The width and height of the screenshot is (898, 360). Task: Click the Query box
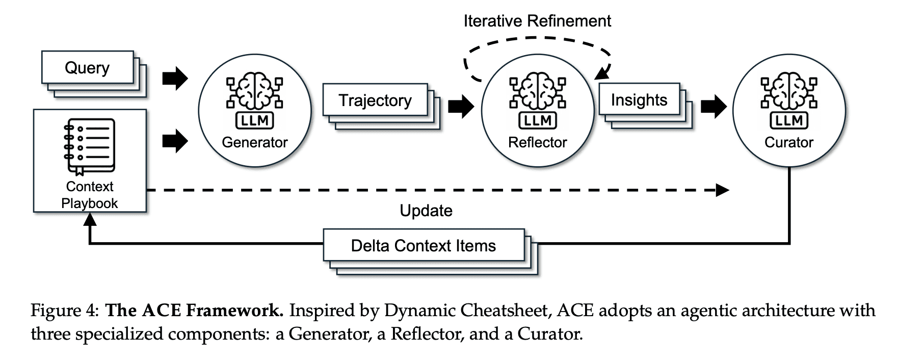coord(87,68)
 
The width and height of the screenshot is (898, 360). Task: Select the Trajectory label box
coord(375,100)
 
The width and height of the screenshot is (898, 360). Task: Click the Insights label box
coord(639,100)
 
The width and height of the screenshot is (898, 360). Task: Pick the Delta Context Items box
coord(424,246)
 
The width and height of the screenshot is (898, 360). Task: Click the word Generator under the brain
coord(254,142)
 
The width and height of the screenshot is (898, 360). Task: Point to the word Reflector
coord(537,142)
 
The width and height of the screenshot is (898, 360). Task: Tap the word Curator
coord(788,142)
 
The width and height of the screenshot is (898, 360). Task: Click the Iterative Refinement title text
coord(537,21)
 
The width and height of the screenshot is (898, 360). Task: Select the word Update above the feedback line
coord(426,211)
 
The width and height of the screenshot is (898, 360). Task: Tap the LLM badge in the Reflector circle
coord(538,121)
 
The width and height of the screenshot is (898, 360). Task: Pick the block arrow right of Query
coord(175,79)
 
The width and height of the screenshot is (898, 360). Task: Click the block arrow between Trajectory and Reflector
coord(461,107)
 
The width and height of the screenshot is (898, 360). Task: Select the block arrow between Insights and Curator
coord(714,107)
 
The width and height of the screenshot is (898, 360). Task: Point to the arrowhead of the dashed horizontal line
coord(723,191)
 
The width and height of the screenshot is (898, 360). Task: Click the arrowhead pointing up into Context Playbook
coord(90,219)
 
